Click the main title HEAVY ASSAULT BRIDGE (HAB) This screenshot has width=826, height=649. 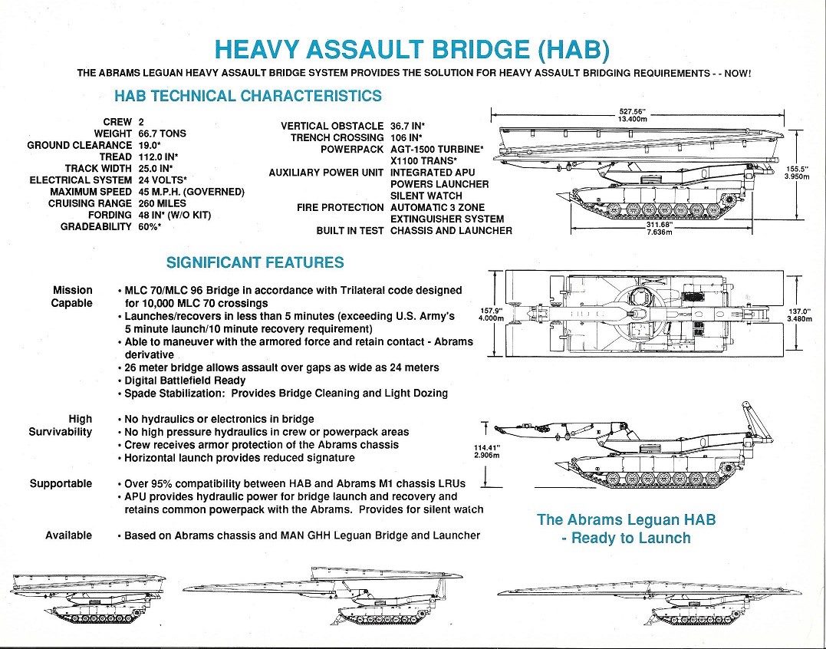[x=413, y=49]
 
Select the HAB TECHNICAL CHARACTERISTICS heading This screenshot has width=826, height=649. [x=248, y=96]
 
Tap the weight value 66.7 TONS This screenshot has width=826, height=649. [x=162, y=133]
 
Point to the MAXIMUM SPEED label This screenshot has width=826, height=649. [x=90, y=192]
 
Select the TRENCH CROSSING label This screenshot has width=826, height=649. [x=337, y=137]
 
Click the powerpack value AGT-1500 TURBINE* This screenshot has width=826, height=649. [x=436, y=149]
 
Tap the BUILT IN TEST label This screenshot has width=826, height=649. [x=349, y=231]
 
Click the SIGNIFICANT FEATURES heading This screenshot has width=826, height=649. [x=255, y=263]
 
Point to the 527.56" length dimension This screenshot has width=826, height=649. [x=633, y=111]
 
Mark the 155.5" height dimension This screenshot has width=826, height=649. [x=797, y=168]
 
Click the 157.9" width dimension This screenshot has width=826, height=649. [x=489, y=311]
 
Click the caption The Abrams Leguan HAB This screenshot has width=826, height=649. [x=626, y=519]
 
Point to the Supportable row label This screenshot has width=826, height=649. [x=61, y=483]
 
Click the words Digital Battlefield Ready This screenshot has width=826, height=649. [x=185, y=381]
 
